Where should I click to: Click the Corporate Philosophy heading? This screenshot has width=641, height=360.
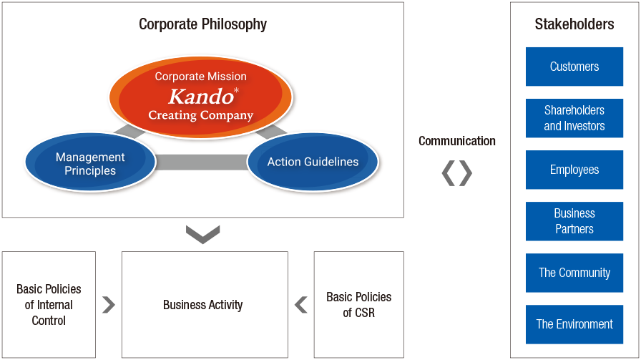pyautogui.click(x=202, y=24)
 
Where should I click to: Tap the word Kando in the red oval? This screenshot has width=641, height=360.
pyautogui.click(x=201, y=97)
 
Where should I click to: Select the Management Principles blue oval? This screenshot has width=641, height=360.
pyautogui.click(x=90, y=162)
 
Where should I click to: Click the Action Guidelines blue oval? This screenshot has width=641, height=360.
pyautogui.click(x=313, y=162)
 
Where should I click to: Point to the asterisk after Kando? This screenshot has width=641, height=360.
pyautogui.click(x=236, y=91)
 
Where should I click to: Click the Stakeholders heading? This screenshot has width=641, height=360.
pyautogui.click(x=574, y=24)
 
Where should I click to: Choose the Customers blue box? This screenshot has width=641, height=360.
pyautogui.click(x=574, y=67)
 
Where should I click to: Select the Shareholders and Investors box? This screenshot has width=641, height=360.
pyautogui.click(x=574, y=118)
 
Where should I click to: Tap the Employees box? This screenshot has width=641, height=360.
pyautogui.click(x=574, y=170)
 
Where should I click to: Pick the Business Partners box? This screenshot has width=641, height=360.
pyautogui.click(x=574, y=221)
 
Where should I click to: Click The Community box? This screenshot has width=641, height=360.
pyautogui.click(x=574, y=273)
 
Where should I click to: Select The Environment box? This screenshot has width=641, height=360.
pyautogui.click(x=574, y=324)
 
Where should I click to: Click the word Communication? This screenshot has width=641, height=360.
pyautogui.click(x=456, y=141)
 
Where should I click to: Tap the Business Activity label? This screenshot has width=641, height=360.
pyautogui.click(x=202, y=305)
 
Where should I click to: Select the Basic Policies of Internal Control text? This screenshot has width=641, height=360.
pyautogui.click(x=49, y=305)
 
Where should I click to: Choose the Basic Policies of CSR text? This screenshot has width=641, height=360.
pyautogui.click(x=359, y=305)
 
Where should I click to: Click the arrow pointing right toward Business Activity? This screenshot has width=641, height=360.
pyautogui.click(x=109, y=305)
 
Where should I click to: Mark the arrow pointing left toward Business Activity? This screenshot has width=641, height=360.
pyautogui.click(x=301, y=305)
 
